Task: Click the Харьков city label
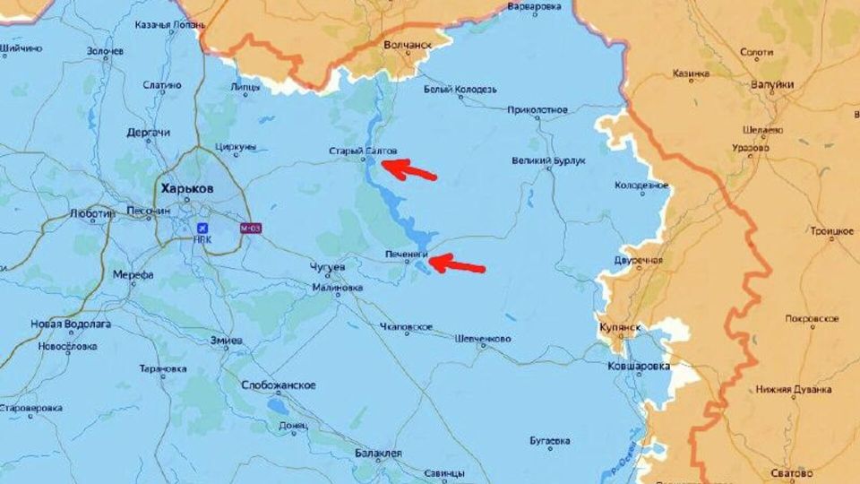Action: [x=186, y=189]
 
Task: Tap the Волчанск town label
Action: [x=407, y=43]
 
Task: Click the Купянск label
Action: [x=619, y=327]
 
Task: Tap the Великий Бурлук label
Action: [x=548, y=160]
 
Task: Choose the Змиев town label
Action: [x=225, y=341]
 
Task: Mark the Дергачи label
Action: [x=148, y=133]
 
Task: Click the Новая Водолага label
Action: [x=71, y=324]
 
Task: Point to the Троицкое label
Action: [x=830, y=231]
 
